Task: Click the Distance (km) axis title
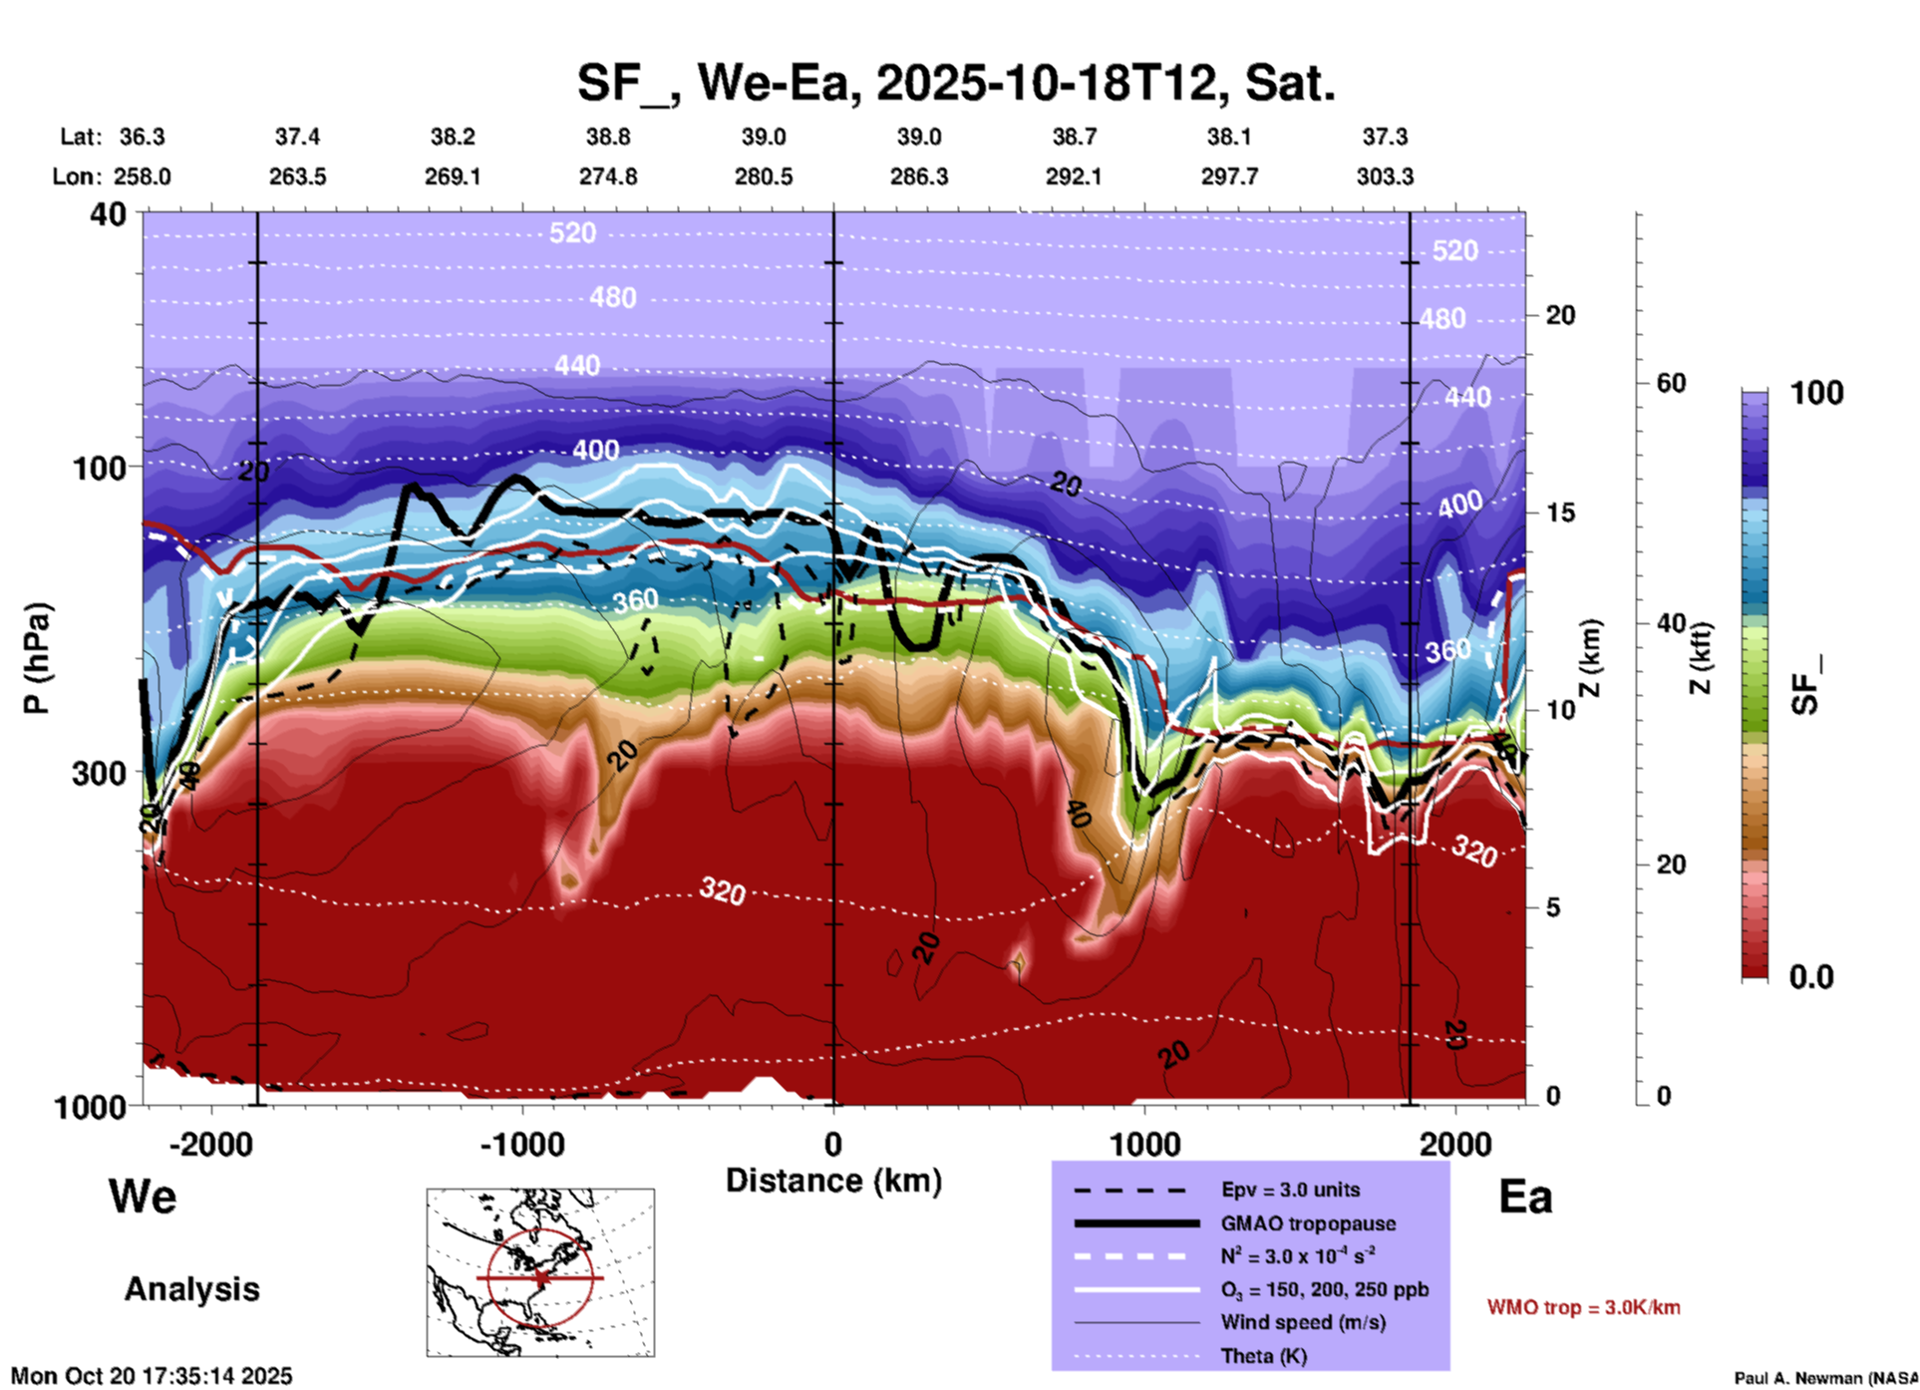[x=833, y=1181]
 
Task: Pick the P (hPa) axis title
[x=37, y=658]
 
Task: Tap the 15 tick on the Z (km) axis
[x=1559, y=513]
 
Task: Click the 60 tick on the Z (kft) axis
[x=1671, y=383]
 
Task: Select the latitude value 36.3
[x=143, y=137]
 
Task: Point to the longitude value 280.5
[x=764, y=176]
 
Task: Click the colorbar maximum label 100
[x=1816, y=393]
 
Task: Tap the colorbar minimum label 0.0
[x=1810, y=977]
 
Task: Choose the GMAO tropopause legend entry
[x=1308, y=1223]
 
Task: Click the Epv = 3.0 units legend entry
[x=1290, y=1190]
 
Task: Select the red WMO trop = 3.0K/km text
[x=1583, y=1307]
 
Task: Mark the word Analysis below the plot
[x=191, y=1289]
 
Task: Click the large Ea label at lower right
[x=1525, y=1198]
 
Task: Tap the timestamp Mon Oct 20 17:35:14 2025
[x=152, y=1376]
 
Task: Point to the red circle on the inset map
[x=540, y=1277]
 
